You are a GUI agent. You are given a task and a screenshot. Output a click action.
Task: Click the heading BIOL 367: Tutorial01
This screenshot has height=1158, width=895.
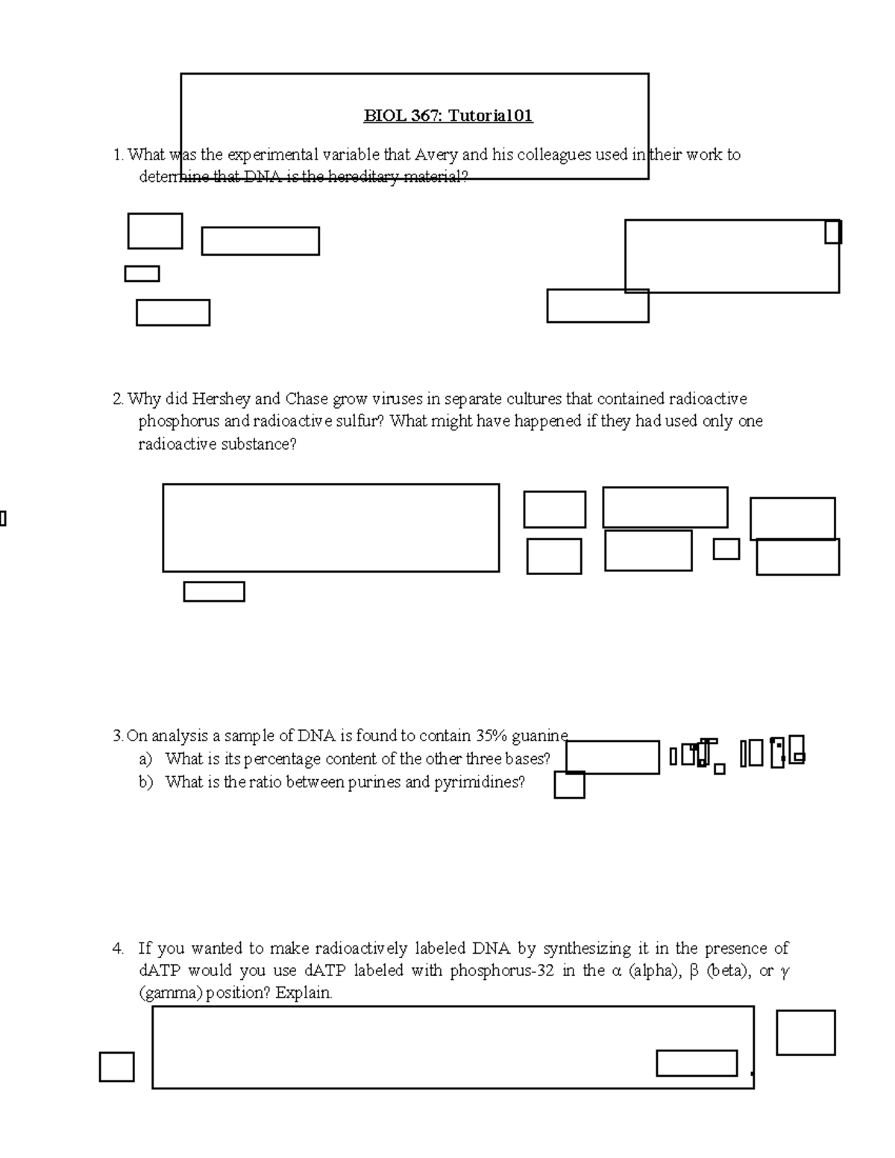pos(447,116)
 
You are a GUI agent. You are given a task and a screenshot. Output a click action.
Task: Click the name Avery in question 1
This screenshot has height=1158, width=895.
pos(436,155)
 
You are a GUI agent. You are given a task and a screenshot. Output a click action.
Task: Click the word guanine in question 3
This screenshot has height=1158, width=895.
pos(540,736)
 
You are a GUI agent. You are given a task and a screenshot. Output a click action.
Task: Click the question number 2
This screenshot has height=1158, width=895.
pos(117,400)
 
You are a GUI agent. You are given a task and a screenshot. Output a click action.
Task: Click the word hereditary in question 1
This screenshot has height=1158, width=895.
pos(365,177)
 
